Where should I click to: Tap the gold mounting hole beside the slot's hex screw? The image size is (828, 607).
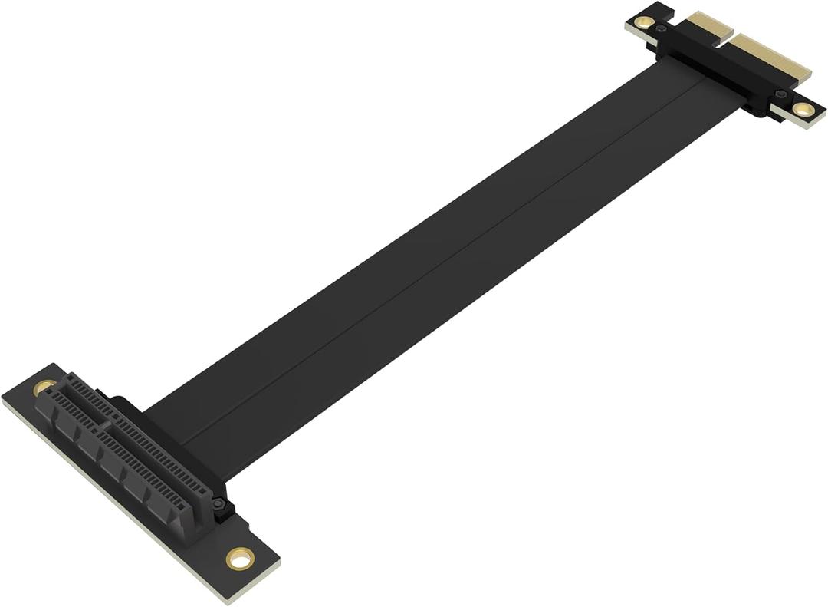(240, 558)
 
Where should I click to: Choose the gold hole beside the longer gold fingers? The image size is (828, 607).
(803, 109)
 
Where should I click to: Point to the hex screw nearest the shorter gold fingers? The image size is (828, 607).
(662, 29)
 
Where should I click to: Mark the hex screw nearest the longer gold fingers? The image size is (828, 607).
(780, 95)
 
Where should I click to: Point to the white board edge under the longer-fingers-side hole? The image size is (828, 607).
(797, 123)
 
